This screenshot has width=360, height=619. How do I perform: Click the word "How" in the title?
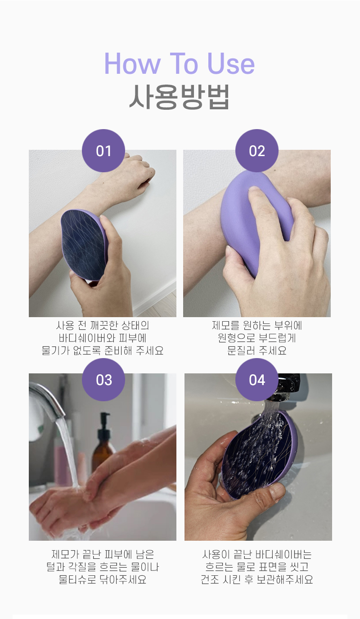click(132, 63)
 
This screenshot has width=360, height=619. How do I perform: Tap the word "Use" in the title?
click(231, 63)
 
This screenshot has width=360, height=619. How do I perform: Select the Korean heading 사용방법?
click(180, 96)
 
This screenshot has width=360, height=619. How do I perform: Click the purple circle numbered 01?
click(103, 151)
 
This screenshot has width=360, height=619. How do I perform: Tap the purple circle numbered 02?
click(257, 151)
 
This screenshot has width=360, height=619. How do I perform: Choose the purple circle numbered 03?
click(103, 380)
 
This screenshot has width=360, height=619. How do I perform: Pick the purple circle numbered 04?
click(257, 380)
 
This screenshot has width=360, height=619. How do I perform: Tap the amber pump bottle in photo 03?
click(103, 442)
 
